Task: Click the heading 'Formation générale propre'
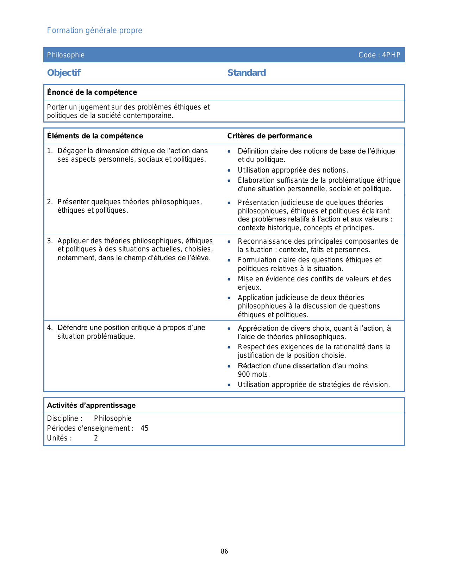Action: pos(94,31)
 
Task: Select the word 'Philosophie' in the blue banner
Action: pos(66,55)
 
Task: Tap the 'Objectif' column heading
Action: pos(64,73)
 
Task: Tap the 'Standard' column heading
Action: pos(247,73)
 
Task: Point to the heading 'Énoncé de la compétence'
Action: pos(92,92)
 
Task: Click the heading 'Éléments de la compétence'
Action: pos(95,136)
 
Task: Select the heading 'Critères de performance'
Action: pos(269,136)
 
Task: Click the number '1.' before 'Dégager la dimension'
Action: pos(50,151)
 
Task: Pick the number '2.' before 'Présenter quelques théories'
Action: pos(50,202)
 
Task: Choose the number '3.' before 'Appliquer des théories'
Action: pos(50,241)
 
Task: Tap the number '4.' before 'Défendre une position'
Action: pos(50,328)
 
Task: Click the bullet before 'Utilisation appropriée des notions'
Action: pos(229,170)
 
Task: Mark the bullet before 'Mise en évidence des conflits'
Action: pos(229,279)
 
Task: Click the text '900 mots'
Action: pos(254,374)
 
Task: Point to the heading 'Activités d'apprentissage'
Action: pos(91,405)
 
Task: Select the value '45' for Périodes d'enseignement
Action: pos(144,429)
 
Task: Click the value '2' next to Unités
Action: pos(96,438)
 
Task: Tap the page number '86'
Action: pos(224,551)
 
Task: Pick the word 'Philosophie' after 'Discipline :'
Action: pos(113,419)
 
